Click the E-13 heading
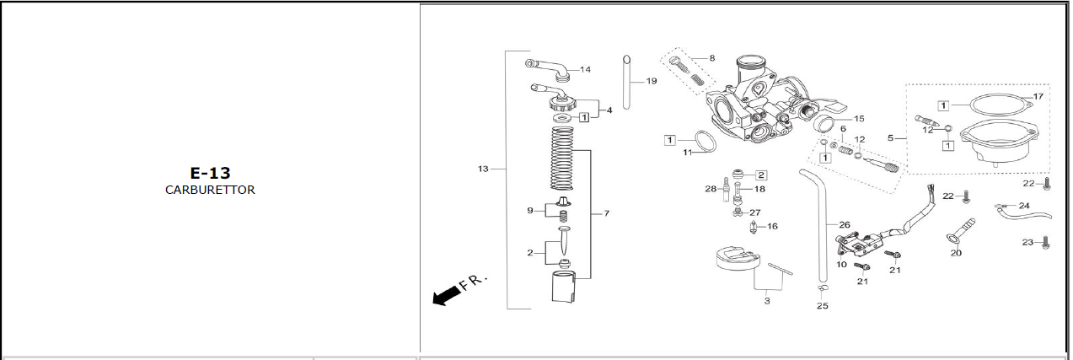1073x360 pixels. coord(210,173)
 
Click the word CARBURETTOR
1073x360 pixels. coord(210,190)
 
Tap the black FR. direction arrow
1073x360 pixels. coord(446,295)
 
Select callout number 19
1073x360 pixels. coord(652,81)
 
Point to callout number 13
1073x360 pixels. coord(483,169)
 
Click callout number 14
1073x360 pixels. coord(585,69)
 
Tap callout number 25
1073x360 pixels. coord(823,306)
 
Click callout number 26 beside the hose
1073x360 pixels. coord(845,224)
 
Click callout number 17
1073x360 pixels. coord(1038,96)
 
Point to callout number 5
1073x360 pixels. coord(890,138)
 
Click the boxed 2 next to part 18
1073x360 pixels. coord(761,175)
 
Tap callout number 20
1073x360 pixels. coord(956,253)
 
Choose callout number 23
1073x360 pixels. coord(1028,242)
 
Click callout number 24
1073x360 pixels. coord(1024,206)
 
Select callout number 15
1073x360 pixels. coord(859,118)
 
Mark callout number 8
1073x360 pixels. coord(712,58)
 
